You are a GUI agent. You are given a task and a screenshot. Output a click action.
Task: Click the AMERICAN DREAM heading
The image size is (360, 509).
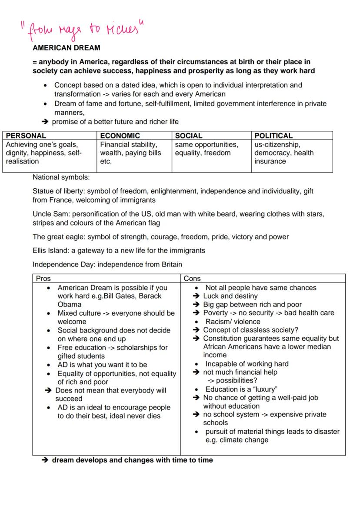click(x=66, y=48)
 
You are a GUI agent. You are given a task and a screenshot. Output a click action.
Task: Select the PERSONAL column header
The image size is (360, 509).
click(x=26, y=136)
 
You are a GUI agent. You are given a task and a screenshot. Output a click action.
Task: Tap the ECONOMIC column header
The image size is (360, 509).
click(x=120, y=136)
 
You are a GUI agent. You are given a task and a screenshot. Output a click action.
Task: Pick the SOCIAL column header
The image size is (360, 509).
click(x=188, y=136)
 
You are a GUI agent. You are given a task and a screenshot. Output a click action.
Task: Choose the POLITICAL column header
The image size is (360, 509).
click(x=273, y=136)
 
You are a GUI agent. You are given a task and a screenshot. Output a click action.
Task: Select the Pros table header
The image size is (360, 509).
click(x=43, y=279)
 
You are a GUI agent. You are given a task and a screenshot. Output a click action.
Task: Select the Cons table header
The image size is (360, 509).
click(x=192, y=279)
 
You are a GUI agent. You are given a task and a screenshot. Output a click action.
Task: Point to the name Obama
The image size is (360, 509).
click(x=69, y=304)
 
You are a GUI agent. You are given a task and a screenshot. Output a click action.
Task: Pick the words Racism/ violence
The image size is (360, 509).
click(x=233, y=322)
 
